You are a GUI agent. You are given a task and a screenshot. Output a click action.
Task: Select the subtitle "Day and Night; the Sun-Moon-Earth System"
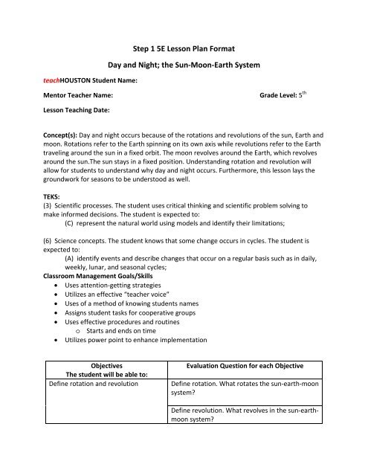[x=184, y=67]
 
